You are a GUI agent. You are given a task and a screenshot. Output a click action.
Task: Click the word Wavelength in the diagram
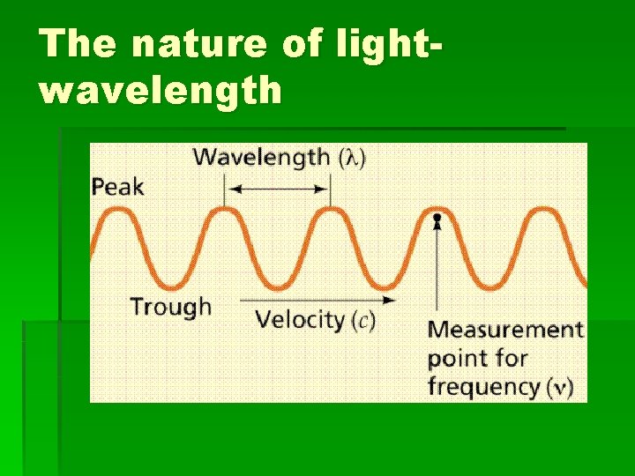coord(262,158)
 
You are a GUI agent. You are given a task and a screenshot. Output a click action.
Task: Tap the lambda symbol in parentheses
coord(353,159)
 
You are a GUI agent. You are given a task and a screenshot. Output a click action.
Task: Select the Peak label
coord(117,186)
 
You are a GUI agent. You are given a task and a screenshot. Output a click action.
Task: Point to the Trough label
coord(171,307)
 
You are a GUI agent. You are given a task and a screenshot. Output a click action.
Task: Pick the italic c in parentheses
coord(363,320)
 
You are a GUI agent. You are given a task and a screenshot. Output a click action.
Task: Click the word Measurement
coord(505,331)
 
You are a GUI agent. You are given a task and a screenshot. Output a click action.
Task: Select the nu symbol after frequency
coord(558,388)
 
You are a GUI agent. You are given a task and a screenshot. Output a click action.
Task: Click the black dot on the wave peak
coord(436,216)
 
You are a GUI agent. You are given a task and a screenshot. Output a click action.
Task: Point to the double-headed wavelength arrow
coord(277,189)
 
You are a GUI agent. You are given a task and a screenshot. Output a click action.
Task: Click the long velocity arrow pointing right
coord(317,299)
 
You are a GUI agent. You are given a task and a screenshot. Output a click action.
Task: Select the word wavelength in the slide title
coord(161,90)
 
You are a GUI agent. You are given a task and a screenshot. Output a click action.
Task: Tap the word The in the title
coord(77,43)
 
